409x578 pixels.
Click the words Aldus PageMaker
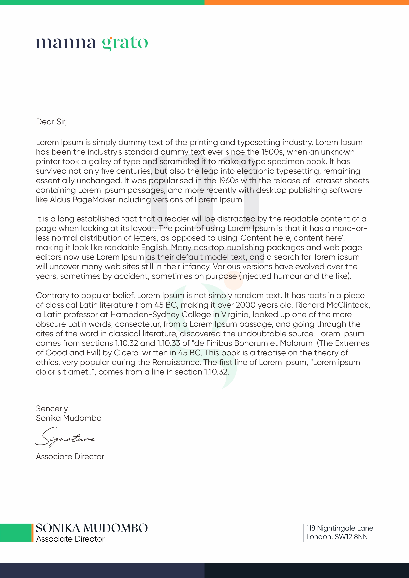[82, 200]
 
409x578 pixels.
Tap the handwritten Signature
[65, 437]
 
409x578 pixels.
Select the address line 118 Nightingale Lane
[339, 528]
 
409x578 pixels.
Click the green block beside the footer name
[16, 533]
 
